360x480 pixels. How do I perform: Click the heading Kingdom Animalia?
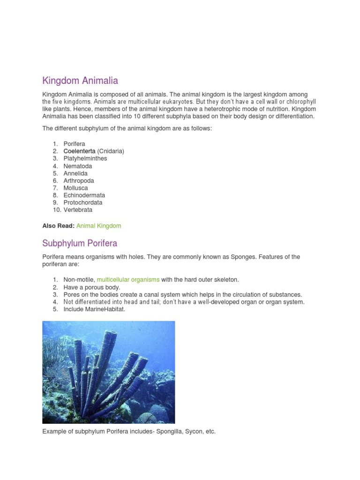click(x=80, y=81)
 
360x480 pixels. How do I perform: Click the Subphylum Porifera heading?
click(x=80, y=243)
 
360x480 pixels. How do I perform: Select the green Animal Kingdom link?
click(x=98, y=226)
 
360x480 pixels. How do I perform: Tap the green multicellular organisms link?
click(x=128, y=280)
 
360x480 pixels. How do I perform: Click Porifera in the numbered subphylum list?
click(x=75, y=144)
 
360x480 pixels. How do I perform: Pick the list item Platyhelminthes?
click(x=85, y=158)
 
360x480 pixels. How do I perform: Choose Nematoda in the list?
click(x=78, y=166)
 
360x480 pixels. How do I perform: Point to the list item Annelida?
click(x=75, y=173)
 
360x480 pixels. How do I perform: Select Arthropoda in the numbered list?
click(x=79, y=180)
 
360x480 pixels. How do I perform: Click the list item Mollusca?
click(x=75, y=188)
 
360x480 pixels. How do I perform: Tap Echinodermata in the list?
click(x=84, y=195)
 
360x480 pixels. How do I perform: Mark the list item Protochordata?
click(x=83, y=202)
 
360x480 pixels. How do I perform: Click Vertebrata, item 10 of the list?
click(x=78, y=210)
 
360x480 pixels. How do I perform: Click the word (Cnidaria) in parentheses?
click(x=111, y=151)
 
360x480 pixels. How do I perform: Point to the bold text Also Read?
click(x=58, y=226)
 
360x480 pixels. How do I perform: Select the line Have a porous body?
click(x=92, y=287)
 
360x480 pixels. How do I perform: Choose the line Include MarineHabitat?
click(x=94, y=309)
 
